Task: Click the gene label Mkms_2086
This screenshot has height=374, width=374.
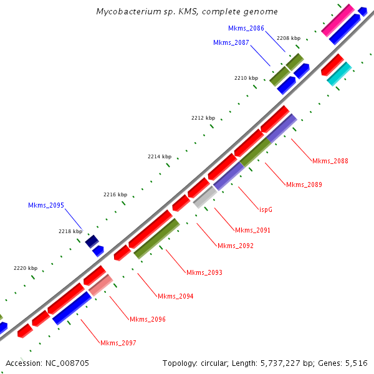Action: tap(246, 28)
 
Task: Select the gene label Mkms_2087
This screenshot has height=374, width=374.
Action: tap(231, 42)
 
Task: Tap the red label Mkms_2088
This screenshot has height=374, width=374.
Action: tap(330, 161)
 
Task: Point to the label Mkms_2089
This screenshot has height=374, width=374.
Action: tap(304, 185)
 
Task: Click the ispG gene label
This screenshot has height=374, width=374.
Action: tap(266, 209)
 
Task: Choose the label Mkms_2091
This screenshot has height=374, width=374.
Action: tap(252, 230)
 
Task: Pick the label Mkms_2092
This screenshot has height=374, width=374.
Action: tap(235, 246)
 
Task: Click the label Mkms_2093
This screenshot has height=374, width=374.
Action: tap(204, 272)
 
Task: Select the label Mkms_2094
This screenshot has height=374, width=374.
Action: tap(175, 296)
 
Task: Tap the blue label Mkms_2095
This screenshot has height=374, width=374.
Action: tap(46, 205)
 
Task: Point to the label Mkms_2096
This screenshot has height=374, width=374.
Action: tap(147, 319)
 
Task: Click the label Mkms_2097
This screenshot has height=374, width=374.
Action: tap(118, 343)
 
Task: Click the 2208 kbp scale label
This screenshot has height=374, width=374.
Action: tap(288, 38)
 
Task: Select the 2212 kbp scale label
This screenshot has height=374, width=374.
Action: tap(203, 118)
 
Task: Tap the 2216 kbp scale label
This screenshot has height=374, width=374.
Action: tap(115, 194)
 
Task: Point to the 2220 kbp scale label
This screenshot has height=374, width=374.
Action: tap(25, 268)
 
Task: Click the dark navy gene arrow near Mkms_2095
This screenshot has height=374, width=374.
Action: tap(92, 241)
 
